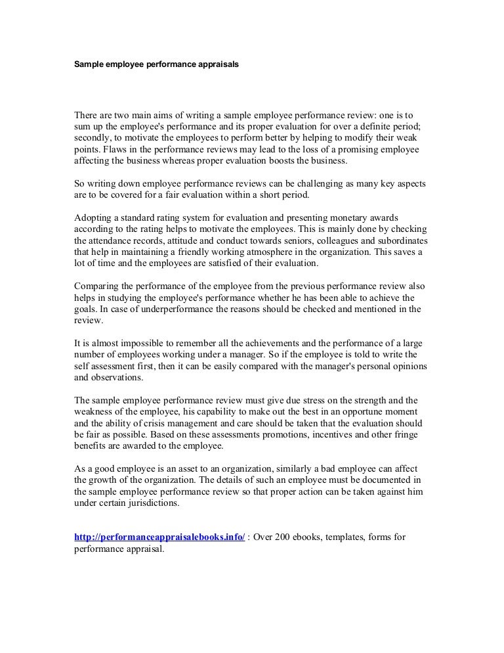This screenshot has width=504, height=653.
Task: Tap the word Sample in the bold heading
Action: tap(89, 66)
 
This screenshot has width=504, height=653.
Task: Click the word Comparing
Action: tap(98, 286)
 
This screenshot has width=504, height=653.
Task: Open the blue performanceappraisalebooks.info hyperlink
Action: tap(159, 537)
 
